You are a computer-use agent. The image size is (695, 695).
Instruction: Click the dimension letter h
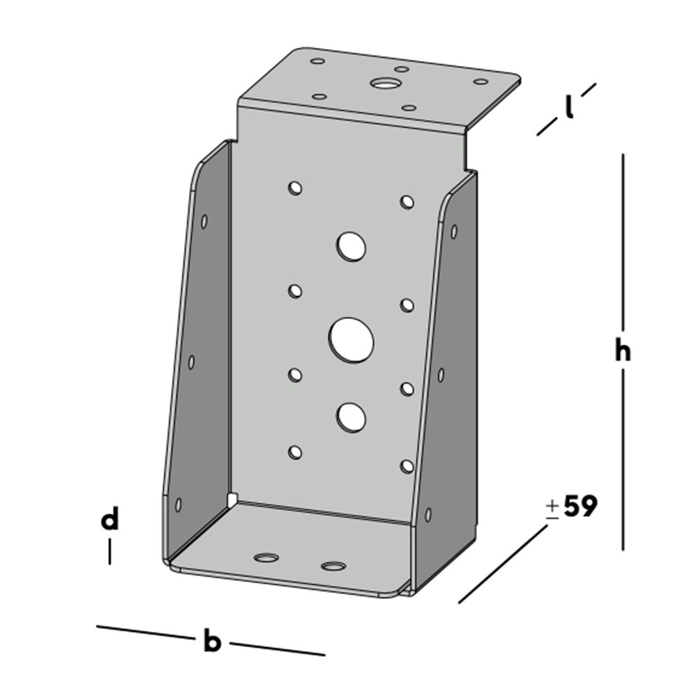[x=623, y=352]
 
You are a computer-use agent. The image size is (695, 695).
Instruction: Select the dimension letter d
[x=110, y=520]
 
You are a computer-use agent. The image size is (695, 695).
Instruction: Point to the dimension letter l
[x=569, y=108]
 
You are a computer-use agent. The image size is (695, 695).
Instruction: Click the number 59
[x=580, y=507]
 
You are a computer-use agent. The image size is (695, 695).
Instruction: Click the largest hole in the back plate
[x=351, y=340]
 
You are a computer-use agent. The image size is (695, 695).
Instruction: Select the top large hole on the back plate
[x=352, y=246]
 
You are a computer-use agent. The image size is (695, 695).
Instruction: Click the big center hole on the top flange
[x=382, y=84]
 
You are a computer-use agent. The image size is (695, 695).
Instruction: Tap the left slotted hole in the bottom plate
[x=265, y=557]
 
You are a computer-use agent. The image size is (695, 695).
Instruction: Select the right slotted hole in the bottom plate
[x=334, y=566]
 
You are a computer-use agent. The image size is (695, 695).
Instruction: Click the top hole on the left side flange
[x=204, y=222]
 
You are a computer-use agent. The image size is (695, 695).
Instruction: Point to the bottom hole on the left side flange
[x=178, y=504]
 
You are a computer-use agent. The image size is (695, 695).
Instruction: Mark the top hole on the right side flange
[x=454, y=231]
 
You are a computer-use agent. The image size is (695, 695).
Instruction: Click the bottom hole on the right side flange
[x=428, y=515]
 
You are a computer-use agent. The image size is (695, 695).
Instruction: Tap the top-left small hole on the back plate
[x=295, y=188]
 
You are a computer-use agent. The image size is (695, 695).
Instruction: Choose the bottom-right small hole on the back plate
[x=407, y=466]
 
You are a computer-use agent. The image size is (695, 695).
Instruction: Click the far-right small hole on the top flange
[x=480, y=82]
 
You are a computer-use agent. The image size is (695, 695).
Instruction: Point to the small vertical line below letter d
[x=109, y=553]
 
